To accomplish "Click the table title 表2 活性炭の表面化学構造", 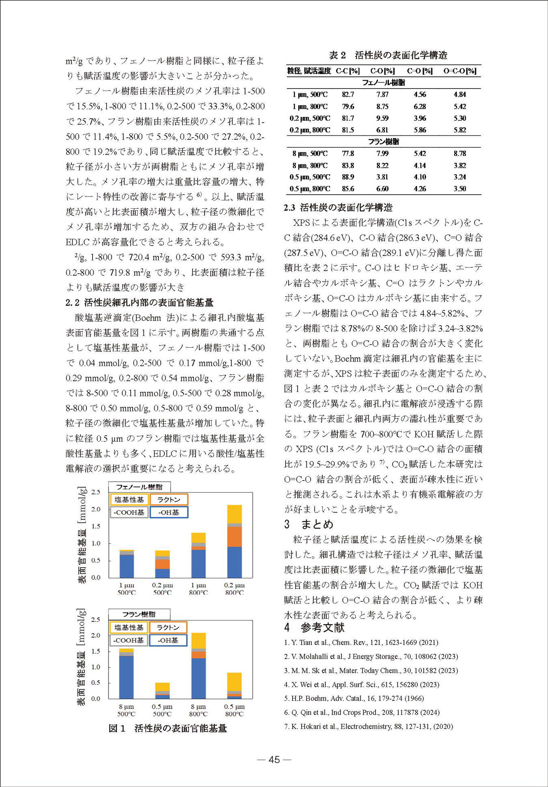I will [x=388, y=55].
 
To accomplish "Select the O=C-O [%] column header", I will [x=460, y=71].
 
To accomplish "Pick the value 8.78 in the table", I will [x=460, y=154].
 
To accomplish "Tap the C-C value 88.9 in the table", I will [x=348, y=177].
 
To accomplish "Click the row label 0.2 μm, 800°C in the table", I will [x=310, y=130].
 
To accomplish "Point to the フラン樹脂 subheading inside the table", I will [x=383, y=142].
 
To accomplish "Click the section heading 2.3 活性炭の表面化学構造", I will [x=338, y=208].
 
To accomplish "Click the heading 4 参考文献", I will [x=314, y=628].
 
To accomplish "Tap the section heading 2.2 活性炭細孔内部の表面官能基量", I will [x=139, y=303].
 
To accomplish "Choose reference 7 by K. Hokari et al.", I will [x=368, y=726].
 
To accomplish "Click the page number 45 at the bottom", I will [x=274, y=759].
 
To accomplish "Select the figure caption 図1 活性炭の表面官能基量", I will [x=168, y=728].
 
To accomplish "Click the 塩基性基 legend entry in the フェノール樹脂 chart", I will [x=129, y=499].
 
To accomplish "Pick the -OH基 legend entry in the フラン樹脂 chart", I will [x=168, y=640].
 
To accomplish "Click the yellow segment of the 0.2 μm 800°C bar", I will [x=234, y=514].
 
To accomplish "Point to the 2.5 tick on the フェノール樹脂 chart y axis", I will [x=96, y=492].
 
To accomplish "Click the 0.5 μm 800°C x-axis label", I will [x=234, y=710].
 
